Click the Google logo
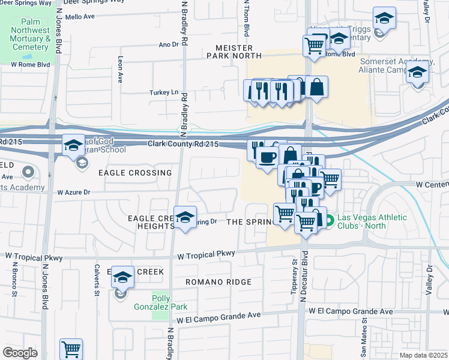[x=20, y=353]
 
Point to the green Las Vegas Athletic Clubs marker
[x=331, y=217]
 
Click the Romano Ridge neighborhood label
[x=216, y=281]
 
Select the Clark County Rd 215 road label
[x=184, y=144]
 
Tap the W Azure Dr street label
[x=74, y=193]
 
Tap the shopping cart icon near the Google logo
[x=71, y=349]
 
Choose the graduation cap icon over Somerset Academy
[x=416, y=73]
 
